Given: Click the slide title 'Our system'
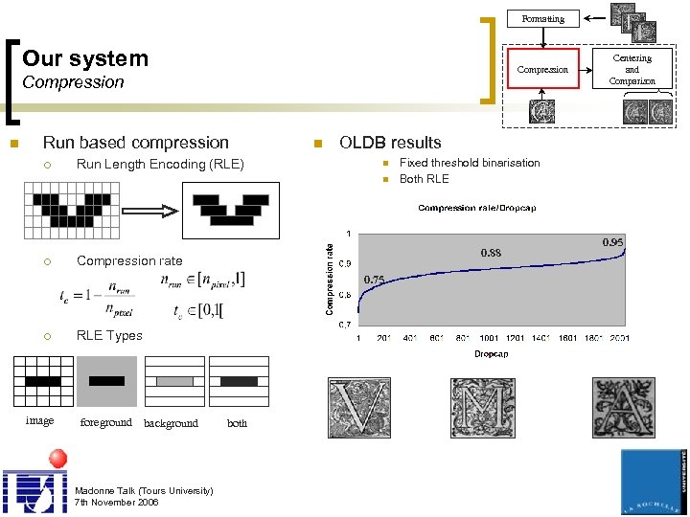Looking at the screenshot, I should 85,58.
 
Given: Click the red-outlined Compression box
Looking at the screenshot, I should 542,70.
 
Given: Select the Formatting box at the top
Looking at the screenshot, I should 542,18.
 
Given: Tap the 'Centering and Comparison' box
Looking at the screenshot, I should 632,70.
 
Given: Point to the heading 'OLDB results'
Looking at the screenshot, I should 390,143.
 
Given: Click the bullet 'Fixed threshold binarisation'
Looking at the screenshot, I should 470,163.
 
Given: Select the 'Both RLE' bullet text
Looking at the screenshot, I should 424,179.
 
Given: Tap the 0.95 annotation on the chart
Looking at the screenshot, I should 612,242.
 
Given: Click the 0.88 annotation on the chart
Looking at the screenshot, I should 491,253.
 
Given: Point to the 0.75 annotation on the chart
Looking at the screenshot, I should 374,279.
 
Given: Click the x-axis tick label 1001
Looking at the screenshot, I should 490,338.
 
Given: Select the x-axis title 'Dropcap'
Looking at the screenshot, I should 491,354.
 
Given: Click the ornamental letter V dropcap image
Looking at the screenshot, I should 359,409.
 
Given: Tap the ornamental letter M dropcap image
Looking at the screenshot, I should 482,409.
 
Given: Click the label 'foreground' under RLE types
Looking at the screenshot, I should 105,422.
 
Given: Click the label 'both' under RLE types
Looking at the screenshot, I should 237,423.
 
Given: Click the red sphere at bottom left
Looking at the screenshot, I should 57,457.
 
